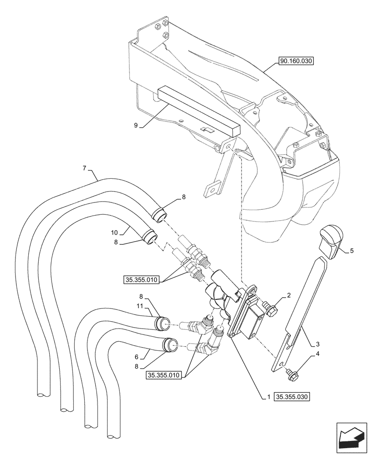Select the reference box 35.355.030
click(x=292, y=397)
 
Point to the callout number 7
click(x=85, y=168)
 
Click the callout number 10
click(x=114, y=233)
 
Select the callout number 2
click(x=288, y=296)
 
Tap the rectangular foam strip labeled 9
click(x=196, y=111)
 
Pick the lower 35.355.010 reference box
click(x=164, y=375)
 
